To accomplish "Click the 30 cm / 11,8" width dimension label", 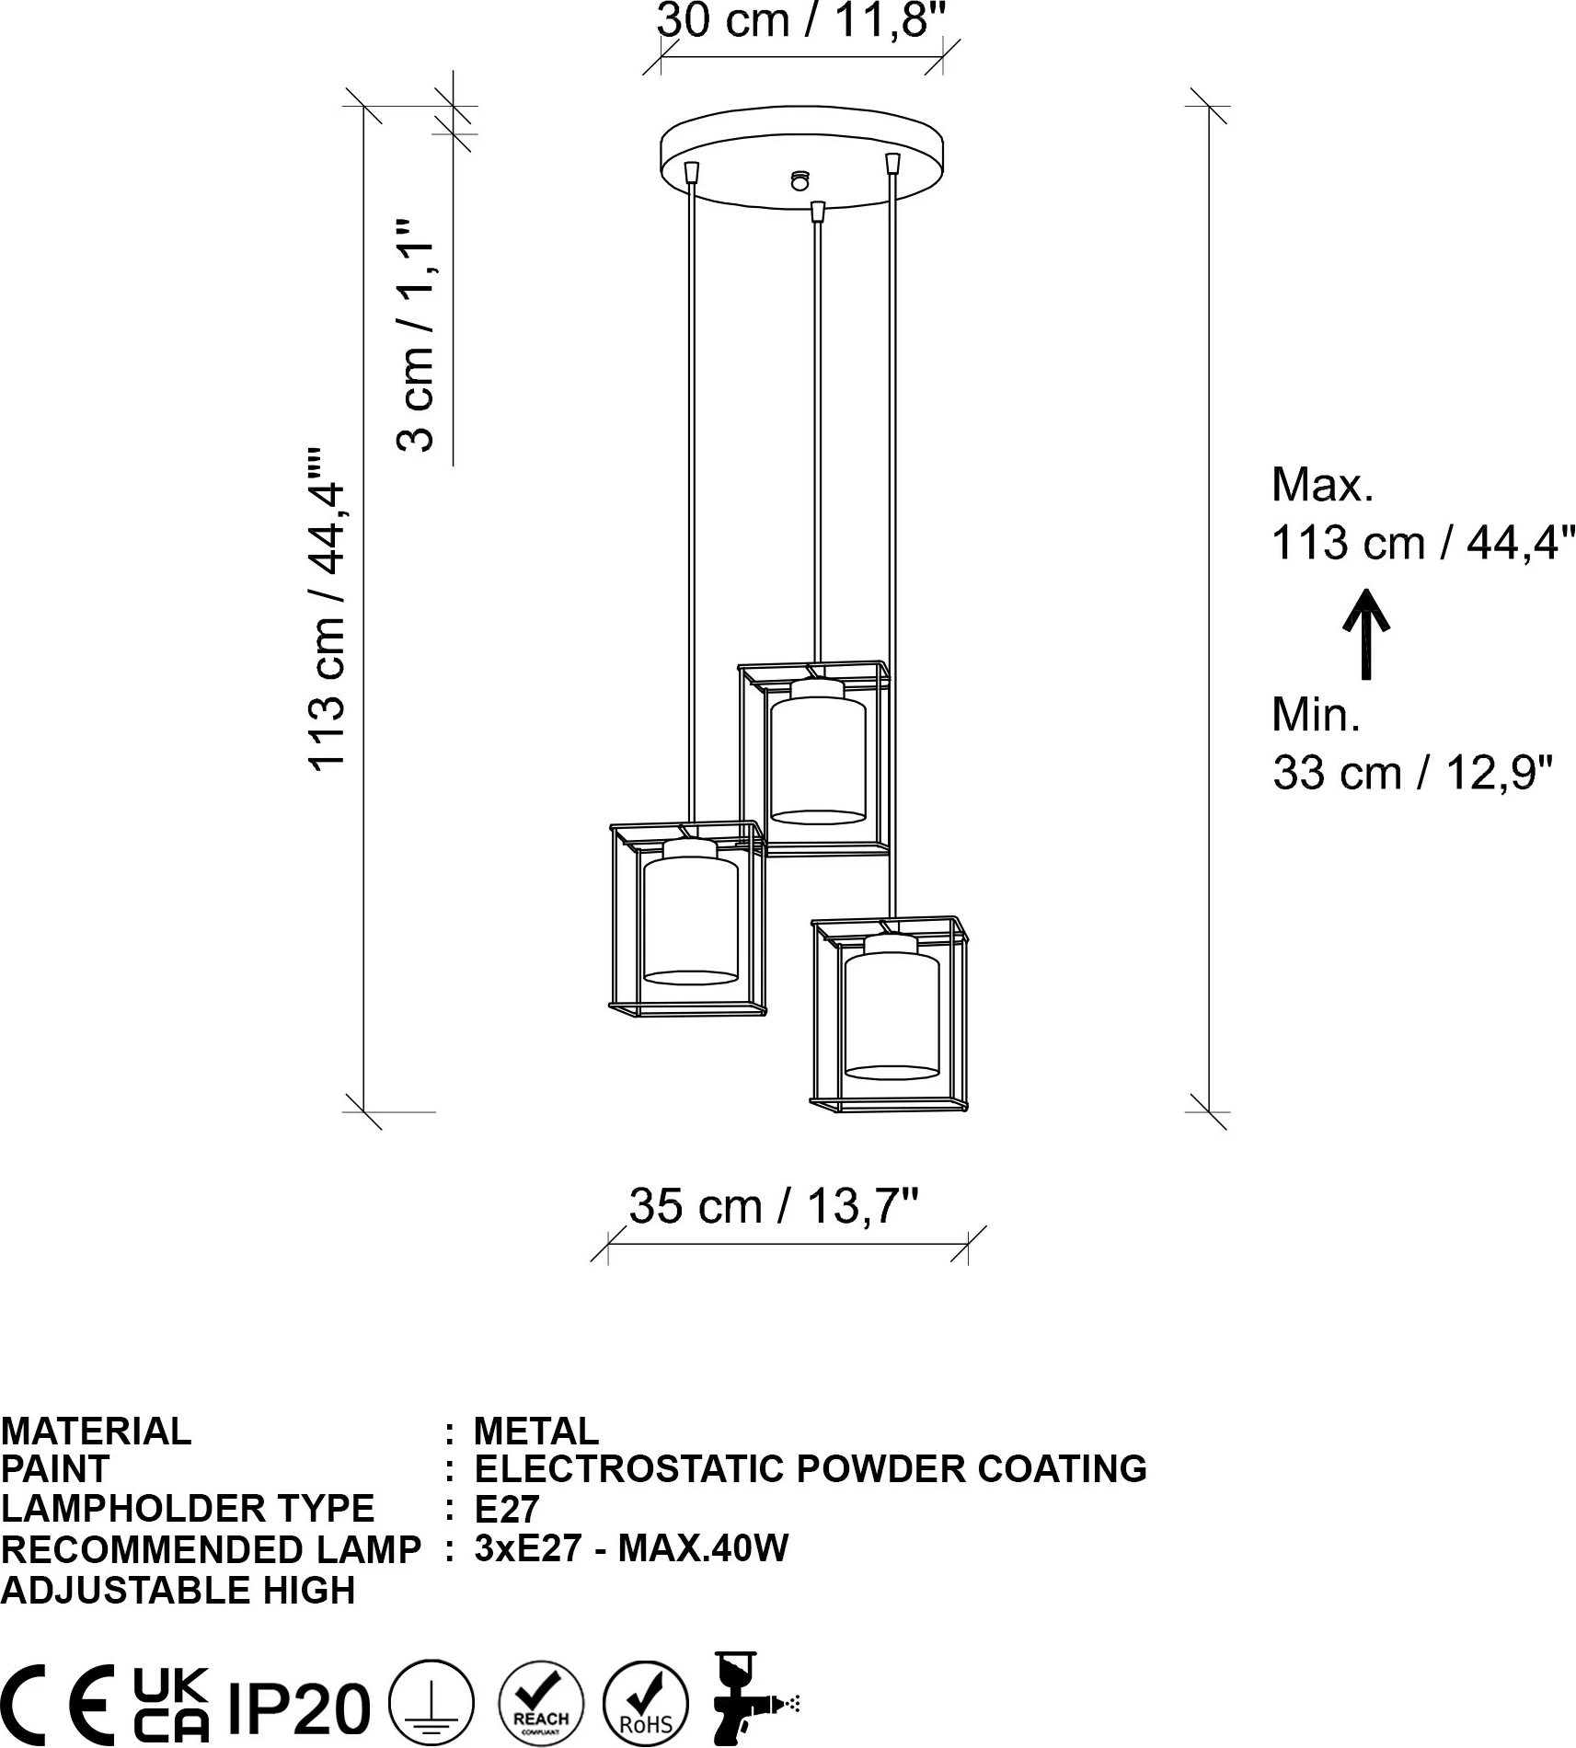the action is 800,20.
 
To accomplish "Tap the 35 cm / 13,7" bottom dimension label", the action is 774,1205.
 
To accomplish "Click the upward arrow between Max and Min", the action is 1366,634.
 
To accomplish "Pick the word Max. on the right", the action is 1322,485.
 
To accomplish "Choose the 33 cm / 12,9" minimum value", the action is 1412,772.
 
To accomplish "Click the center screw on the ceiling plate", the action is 800,180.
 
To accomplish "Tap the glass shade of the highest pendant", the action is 818,760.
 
